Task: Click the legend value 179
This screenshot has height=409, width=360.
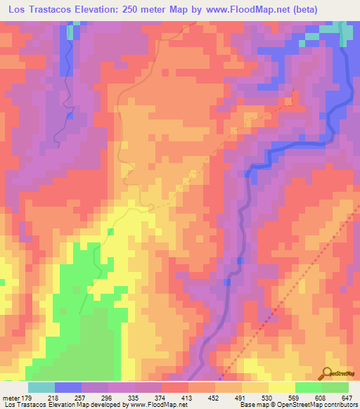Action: click(27, 398)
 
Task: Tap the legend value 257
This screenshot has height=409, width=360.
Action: click(81, 398)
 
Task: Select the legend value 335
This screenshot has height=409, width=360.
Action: click(134, 398)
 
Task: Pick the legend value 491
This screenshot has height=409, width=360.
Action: click(241, 398)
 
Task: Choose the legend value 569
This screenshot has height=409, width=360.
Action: click(295, 398)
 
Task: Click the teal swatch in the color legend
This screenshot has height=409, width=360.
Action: click(41, 387)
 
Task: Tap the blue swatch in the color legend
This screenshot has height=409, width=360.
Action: click(67, 387)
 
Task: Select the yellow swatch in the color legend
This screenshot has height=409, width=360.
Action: click(281, 387)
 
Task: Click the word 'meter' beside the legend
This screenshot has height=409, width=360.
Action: click(11, 398)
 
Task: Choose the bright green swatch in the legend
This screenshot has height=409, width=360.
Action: click(308, 387)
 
